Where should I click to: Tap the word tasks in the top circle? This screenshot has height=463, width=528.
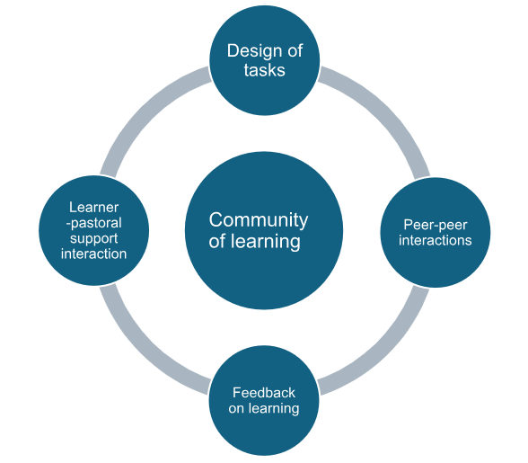point(264,71)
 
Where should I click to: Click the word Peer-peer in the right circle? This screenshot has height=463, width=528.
point(436,224)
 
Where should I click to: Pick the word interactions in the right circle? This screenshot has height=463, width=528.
point(436,240)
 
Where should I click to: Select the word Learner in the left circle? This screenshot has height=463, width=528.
point(93,207)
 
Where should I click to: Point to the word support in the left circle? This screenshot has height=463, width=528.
point(93,238)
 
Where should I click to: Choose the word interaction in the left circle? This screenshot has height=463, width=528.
point(93,254)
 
